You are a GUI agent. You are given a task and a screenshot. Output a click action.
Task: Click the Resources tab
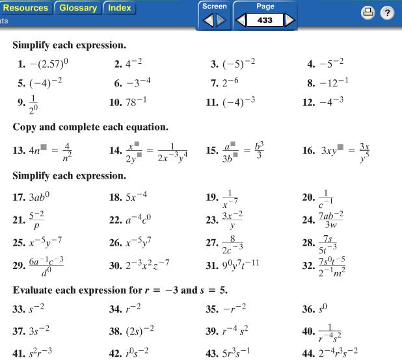coord(25,8)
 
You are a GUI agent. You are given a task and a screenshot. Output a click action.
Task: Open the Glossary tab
coord(78,8)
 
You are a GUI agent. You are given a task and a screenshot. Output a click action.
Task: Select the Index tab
coord(119,8)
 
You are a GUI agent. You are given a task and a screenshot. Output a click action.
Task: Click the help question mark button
coord(386,13)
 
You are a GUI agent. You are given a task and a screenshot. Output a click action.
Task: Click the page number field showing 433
coord(265,20)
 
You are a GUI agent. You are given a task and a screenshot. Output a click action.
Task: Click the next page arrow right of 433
coord(289,20)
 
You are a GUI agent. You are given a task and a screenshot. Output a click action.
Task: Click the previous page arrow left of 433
coord(240,20)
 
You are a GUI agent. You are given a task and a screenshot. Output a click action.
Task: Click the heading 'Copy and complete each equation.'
coord(90,127)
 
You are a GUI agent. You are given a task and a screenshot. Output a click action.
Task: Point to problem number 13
coord(19,150)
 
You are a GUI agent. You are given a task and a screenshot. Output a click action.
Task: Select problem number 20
coord(308,196)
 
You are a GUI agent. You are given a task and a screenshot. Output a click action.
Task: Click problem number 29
coord(19,265)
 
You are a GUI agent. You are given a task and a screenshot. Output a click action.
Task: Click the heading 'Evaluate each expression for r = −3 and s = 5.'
coord(120,289)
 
